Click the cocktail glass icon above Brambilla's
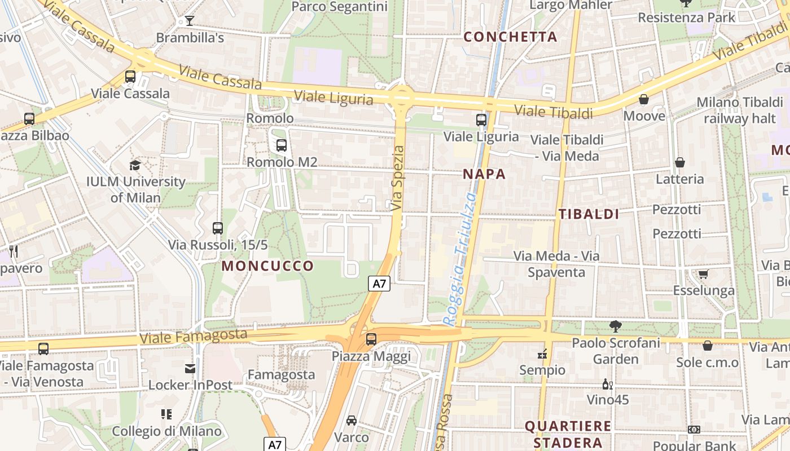coord(189,21)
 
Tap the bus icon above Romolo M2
coord(281,145)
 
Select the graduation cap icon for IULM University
coord(135,165)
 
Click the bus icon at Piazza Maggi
coord(371,339)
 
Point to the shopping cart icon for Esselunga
coord(703,274)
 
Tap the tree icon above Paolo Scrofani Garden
coord(615,326)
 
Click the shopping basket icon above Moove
coord(644,100)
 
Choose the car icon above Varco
coord(351,421)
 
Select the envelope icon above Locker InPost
coord(190,369)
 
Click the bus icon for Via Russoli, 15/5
coord(218,228)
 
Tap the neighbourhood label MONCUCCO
coord(267,266)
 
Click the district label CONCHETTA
coord(510,37)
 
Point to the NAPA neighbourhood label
coord(484,174)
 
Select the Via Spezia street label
coord(398,179)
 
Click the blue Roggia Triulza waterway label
coord(460,259)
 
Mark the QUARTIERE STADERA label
coord(568,434)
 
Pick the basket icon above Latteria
coord(679,163)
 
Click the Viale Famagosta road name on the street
coord(194,337)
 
